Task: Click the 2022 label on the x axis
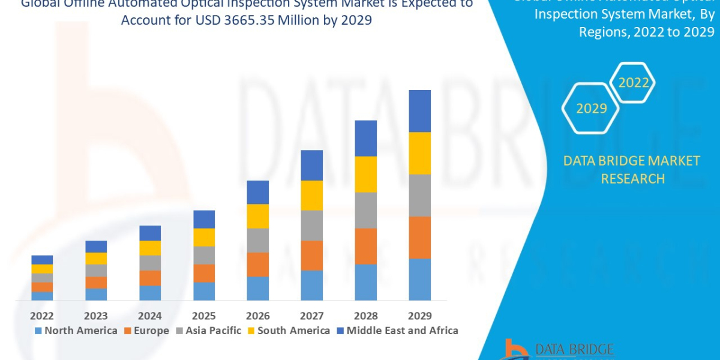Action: [42, 316]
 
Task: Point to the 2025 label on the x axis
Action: [204, 316]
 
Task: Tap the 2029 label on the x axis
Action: [419, 316]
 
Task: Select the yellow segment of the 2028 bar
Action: [365, 174]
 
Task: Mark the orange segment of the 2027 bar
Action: [311, 256]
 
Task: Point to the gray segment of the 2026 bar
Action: [257, 240]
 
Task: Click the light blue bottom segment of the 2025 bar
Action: [204, 291]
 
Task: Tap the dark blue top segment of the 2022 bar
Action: [42, 260]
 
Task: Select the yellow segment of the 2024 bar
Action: [150, 248]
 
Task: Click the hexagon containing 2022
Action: [633, 83]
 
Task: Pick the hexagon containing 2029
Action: [591, 109]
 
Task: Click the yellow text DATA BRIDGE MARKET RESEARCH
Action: [632, 170]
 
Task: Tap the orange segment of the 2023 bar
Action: [96, 283]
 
